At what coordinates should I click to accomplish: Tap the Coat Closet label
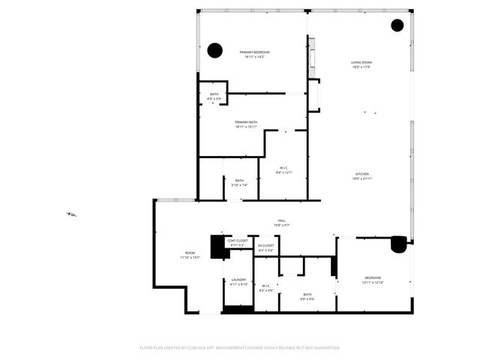click(236, 243)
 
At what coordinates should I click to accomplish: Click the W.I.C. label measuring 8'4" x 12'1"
click(284, 169)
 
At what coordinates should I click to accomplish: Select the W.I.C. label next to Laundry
click(266, 287)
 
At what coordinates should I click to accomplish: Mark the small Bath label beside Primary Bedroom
click(214, 96)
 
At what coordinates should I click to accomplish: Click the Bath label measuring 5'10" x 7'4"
click(239, 182)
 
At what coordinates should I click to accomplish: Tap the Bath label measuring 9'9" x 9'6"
click(307, 296)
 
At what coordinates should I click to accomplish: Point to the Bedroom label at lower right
click(373, 280)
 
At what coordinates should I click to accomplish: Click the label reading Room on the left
click(190, 255)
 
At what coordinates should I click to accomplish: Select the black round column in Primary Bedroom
click(214, 51)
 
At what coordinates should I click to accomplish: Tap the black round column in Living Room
click(397, 25)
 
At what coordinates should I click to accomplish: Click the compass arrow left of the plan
click(70, 214)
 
